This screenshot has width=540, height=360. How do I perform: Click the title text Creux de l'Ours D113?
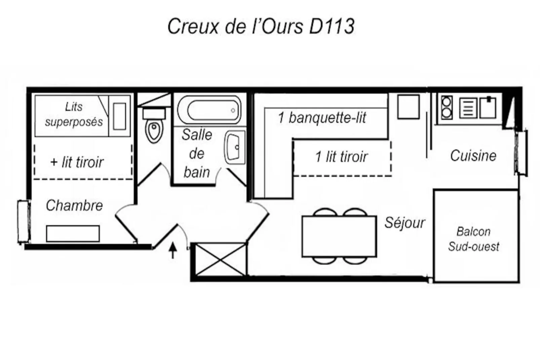click(x=261, y=26)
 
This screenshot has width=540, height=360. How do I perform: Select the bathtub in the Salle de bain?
click(x=209, y=110)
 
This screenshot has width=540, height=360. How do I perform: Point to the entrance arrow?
click(x=173, y=250)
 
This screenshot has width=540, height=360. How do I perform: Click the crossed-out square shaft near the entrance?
click(x=221, y=259)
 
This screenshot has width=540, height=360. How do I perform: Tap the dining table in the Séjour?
click(x=339, y=236)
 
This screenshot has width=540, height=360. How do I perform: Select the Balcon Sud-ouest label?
click(x=473, y=239)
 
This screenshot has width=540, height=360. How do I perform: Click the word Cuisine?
click(x=473, y=156)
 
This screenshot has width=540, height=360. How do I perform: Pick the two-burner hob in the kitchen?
click(x=447, y=107)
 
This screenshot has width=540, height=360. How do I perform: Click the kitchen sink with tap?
click(x=488, y=107)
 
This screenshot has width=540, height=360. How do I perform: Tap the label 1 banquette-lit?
click(x=322, y=118)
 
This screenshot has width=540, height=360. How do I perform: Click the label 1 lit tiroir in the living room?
click(x=341, y=157)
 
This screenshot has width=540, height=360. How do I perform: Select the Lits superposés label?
click(x=74, y=114)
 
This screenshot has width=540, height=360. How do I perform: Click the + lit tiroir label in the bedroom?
click(x=77, y=162)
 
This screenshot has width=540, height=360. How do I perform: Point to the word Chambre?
click(x=74, y=205)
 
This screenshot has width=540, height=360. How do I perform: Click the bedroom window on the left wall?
click(x=24, y=221)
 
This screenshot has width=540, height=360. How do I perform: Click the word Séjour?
click(x=404, y=223)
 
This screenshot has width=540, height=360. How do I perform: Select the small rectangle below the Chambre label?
click(x=73, y=233)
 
